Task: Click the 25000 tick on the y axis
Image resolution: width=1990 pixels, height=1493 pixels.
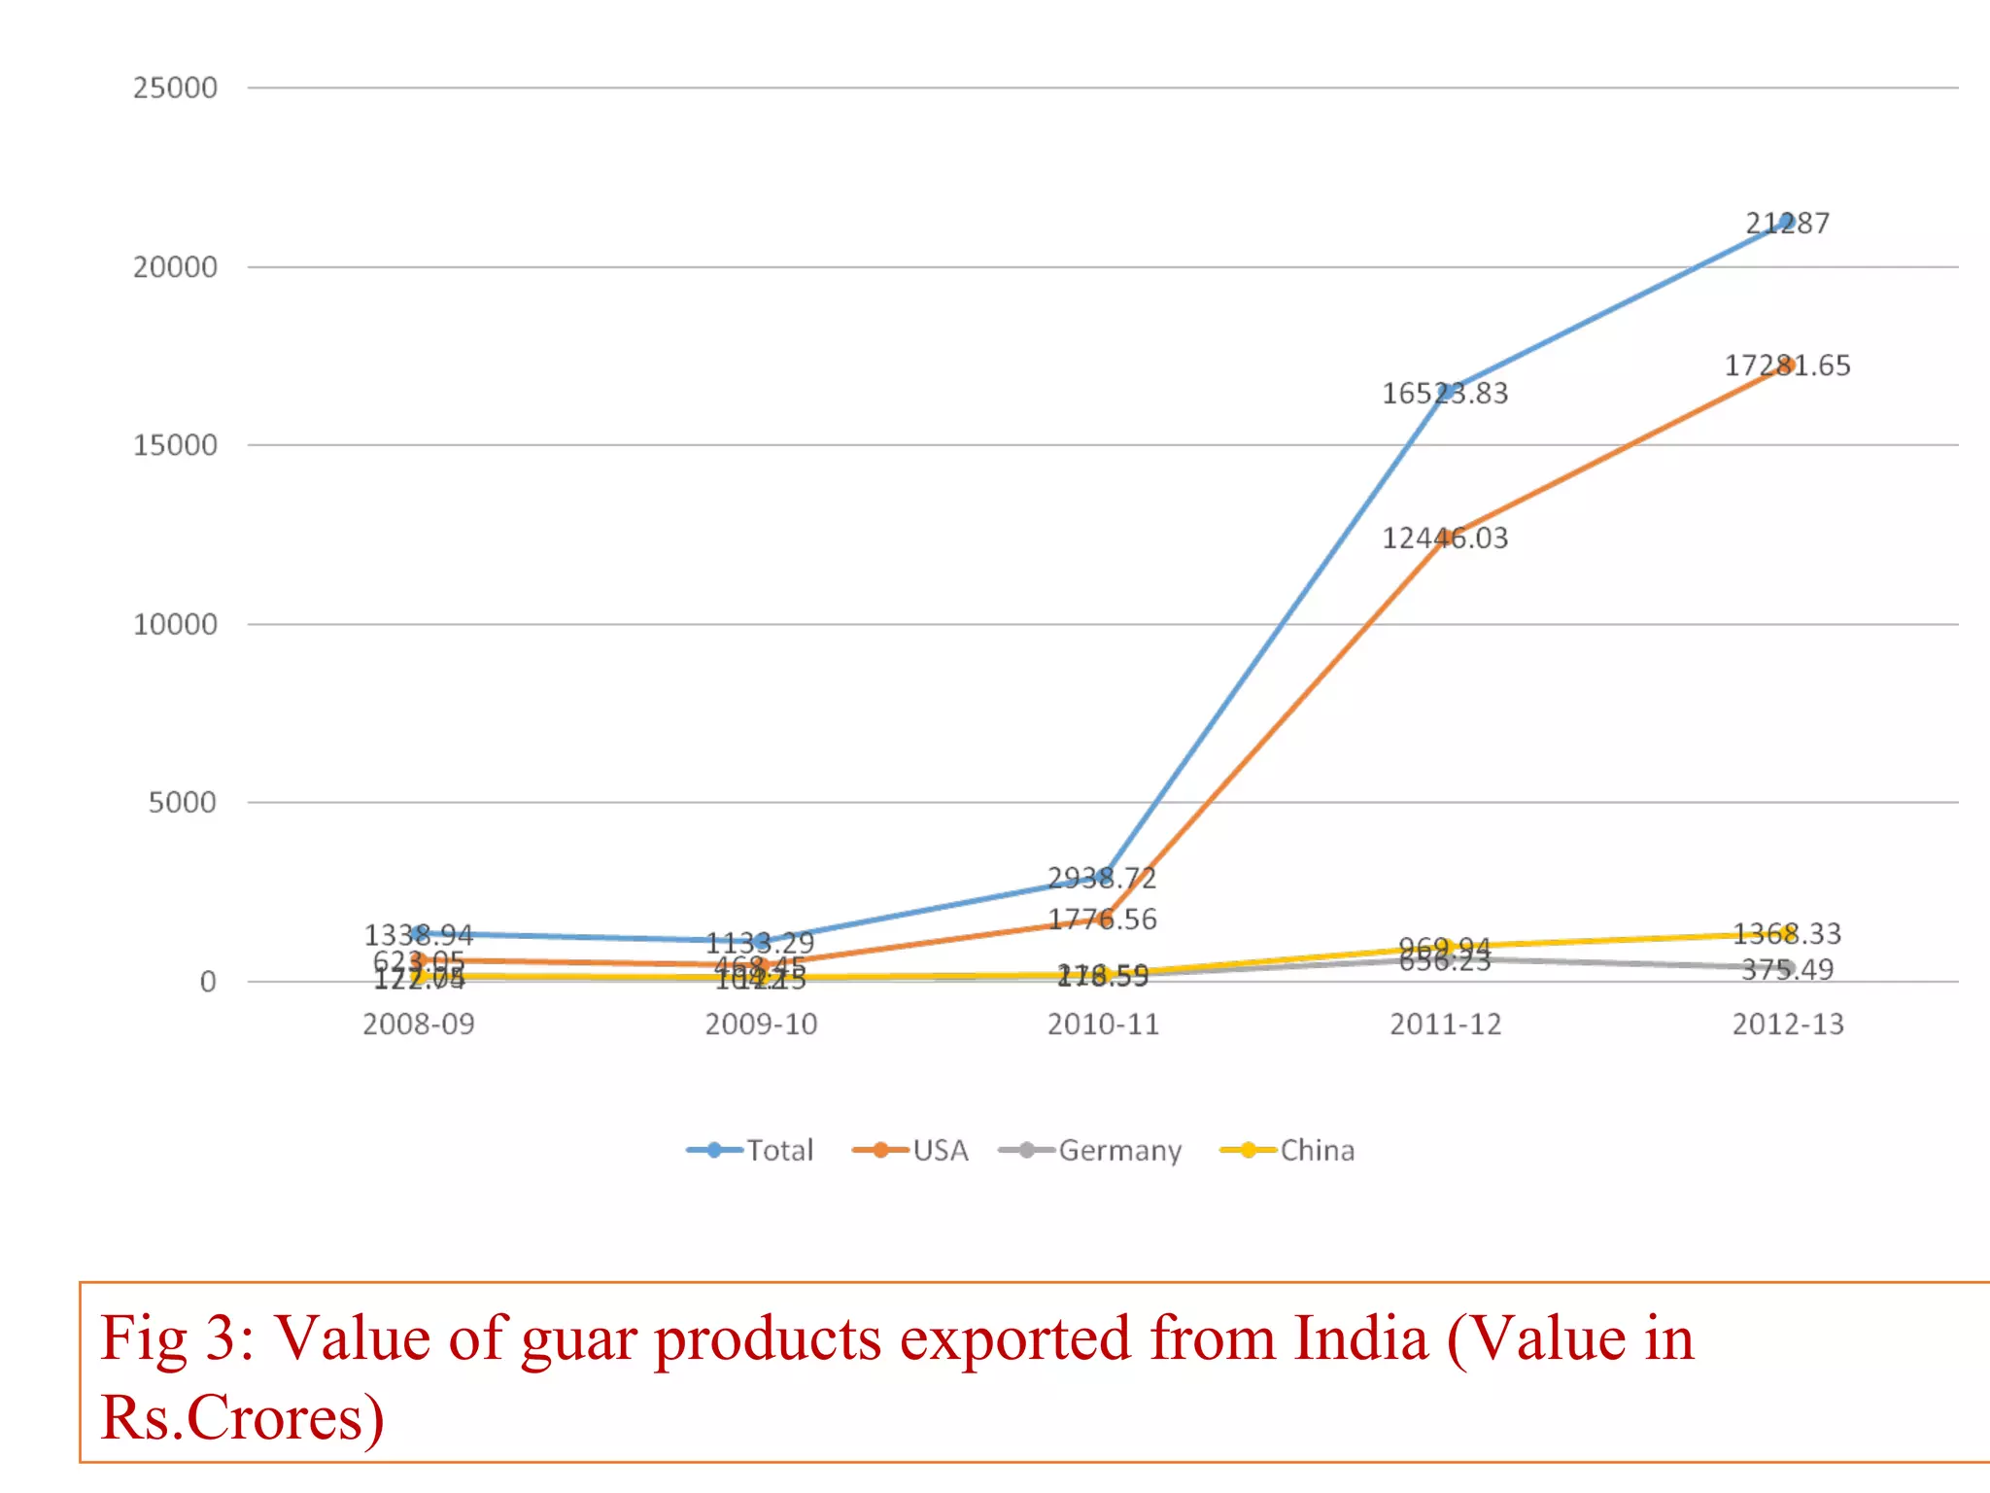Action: point(175,87)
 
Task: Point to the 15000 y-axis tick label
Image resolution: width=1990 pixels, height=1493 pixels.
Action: point(175,445)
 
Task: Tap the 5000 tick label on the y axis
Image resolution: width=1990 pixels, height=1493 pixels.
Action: point(182,803)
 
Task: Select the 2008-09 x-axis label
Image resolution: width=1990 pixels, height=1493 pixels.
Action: point(419,1024)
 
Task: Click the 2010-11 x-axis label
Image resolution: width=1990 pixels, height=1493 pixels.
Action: point(1103,1024)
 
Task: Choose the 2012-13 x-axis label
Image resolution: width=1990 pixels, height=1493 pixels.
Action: point(1788,1024)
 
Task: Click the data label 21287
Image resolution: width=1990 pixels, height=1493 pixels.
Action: point(1788,224)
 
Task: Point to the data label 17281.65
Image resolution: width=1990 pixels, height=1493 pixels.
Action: point(1788,365)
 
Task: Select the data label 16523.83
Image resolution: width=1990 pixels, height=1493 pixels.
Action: point(1445,394)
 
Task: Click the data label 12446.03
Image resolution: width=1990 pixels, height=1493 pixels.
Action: point(1445,538)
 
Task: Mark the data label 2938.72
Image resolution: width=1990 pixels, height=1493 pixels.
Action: point(1102,878)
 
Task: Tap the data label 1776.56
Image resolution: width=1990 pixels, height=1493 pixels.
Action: point(1102,919)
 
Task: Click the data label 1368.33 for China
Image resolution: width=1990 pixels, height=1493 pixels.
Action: point(1787,933)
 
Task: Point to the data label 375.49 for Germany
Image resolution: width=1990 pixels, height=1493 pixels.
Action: point(1787,969)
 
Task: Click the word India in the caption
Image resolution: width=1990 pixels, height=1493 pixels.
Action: point(1360,1338)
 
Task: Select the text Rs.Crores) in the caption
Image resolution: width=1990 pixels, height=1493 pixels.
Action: point(242,1418)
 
